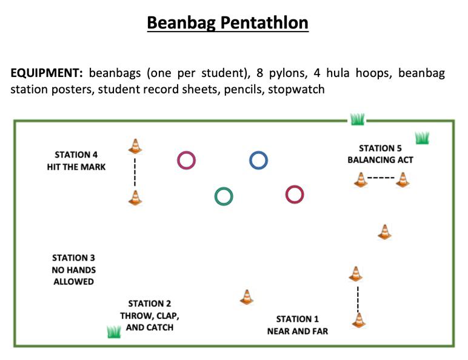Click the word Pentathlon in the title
[264, 23]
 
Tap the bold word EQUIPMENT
[47, 73]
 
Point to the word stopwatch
[296, 89]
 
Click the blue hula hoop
[258, 152]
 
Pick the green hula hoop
[224, 188]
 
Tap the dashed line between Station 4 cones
[135, 172]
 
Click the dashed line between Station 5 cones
[381, 178]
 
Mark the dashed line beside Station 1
[358, 299]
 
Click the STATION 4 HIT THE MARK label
[76, 161]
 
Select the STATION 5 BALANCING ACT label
[380, 154]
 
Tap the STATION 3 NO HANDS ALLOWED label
[74, 270]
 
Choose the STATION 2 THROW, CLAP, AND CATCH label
[150, 315]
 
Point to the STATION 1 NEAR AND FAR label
[297, 325]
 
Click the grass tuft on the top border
[357, 119]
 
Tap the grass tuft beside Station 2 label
[114, 332]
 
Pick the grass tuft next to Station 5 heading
[423, 138]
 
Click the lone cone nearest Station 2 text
[247, 297]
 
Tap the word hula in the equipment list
[338, 73]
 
